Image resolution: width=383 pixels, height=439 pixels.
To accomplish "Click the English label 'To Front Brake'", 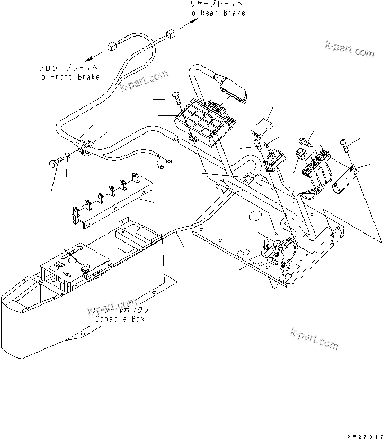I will click(x=68, y=77).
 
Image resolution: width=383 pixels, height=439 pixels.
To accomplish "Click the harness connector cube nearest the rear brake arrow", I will click(x=171, y=34).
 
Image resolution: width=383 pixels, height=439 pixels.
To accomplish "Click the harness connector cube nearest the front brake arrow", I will click(x=113, y=46).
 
